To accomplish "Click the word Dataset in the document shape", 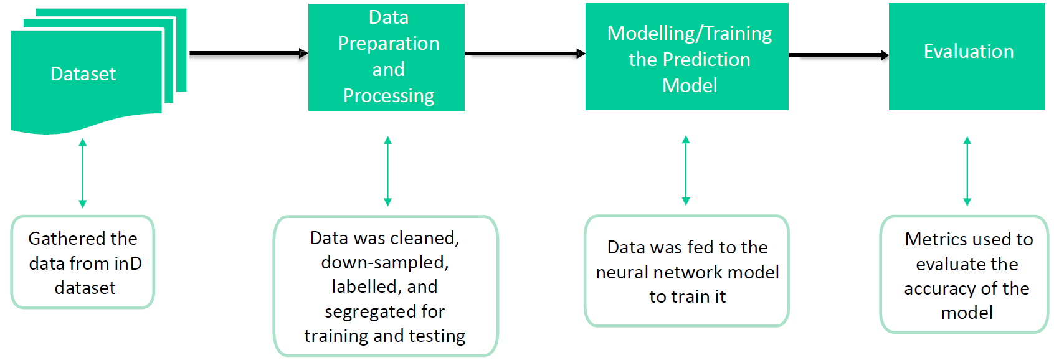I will pos(83,74).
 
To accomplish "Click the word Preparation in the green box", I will pos(388,44).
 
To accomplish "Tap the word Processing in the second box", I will pos(388,96).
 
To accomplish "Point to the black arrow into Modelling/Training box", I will pos(525,54).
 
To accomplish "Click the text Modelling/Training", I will pos(689,33).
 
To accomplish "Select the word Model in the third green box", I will pos(689,85).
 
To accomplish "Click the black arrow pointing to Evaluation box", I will pos(838,55).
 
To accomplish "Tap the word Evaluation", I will pos(968,52).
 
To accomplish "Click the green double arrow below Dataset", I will pos(83,173).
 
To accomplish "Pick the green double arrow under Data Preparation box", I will pos(387,171).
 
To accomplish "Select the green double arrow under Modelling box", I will pos(686,170).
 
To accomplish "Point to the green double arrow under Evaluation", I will pos(967,171).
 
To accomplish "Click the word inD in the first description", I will pos(128,263).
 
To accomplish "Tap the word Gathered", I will pos(56,239).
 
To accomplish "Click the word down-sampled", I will pos(384,263).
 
